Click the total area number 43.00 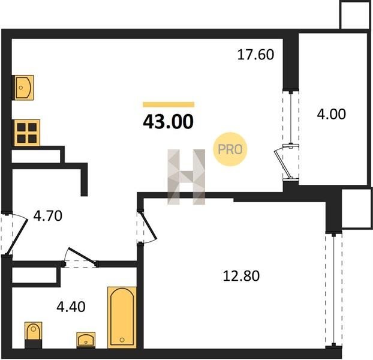click(x=168, y=122)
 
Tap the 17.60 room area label click(x=255, y=55)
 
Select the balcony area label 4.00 click(x=332, y=114)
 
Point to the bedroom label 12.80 click(x=241, y=276)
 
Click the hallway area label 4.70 click(x=48, y=216)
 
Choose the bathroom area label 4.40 click(x=71, y=307)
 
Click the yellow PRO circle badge click(x=230, y=149)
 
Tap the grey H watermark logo click(x=186, y=177)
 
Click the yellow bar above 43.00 click(x=169, y=104)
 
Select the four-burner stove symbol click(x=27, y=133)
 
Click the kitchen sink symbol click(x=24, y=88)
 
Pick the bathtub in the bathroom click(x=122, y=317)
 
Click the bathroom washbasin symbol click(x=86, y=340)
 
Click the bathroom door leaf click(x=82, y=256)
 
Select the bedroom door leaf click(x=149, y=225)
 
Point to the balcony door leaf click(x=283, y=164)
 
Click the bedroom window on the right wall click(x=334, y=290)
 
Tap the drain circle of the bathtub click(x=122, y=340)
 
